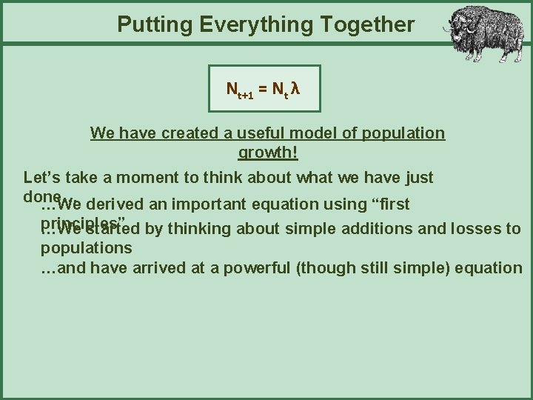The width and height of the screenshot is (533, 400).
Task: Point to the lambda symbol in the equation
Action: (295, 89)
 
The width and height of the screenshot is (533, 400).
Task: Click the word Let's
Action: (43, 178)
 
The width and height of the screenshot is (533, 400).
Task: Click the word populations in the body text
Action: (86, 247)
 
